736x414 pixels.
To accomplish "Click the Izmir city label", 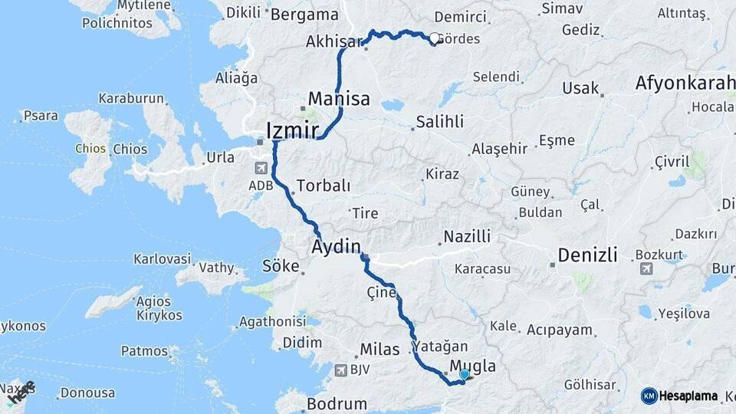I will coord(292,130).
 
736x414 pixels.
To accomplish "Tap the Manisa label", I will coord(339,99).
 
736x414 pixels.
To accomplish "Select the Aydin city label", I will coord(336,246).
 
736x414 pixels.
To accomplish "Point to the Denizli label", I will coord(587,255).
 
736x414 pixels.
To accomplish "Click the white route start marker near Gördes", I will coord(435,38).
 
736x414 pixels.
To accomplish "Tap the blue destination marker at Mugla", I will coord(465,374).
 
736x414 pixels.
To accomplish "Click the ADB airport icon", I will coord(261,168).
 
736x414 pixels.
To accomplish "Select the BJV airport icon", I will coord(340,370).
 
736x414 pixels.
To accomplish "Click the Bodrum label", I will coord(337,403).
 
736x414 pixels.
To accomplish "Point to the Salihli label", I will coord(439,122).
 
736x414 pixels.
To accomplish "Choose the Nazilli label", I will coord(468,237).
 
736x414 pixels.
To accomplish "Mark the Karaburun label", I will coord(131,99).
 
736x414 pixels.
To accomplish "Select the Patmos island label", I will coord(144,351).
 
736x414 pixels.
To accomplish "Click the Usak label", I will coord(580,88).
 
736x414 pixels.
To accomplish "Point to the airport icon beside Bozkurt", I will coord(646,268).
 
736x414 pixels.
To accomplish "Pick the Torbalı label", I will coord(324,186).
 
